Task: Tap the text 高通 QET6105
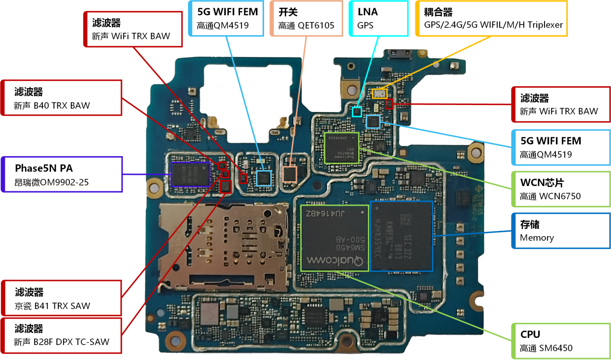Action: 306,26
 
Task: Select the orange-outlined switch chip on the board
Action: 290,173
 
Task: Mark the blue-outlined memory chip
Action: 401,236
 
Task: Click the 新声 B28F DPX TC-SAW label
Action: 61,342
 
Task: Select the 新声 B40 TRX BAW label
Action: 52,105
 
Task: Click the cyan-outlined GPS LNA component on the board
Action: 357,112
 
